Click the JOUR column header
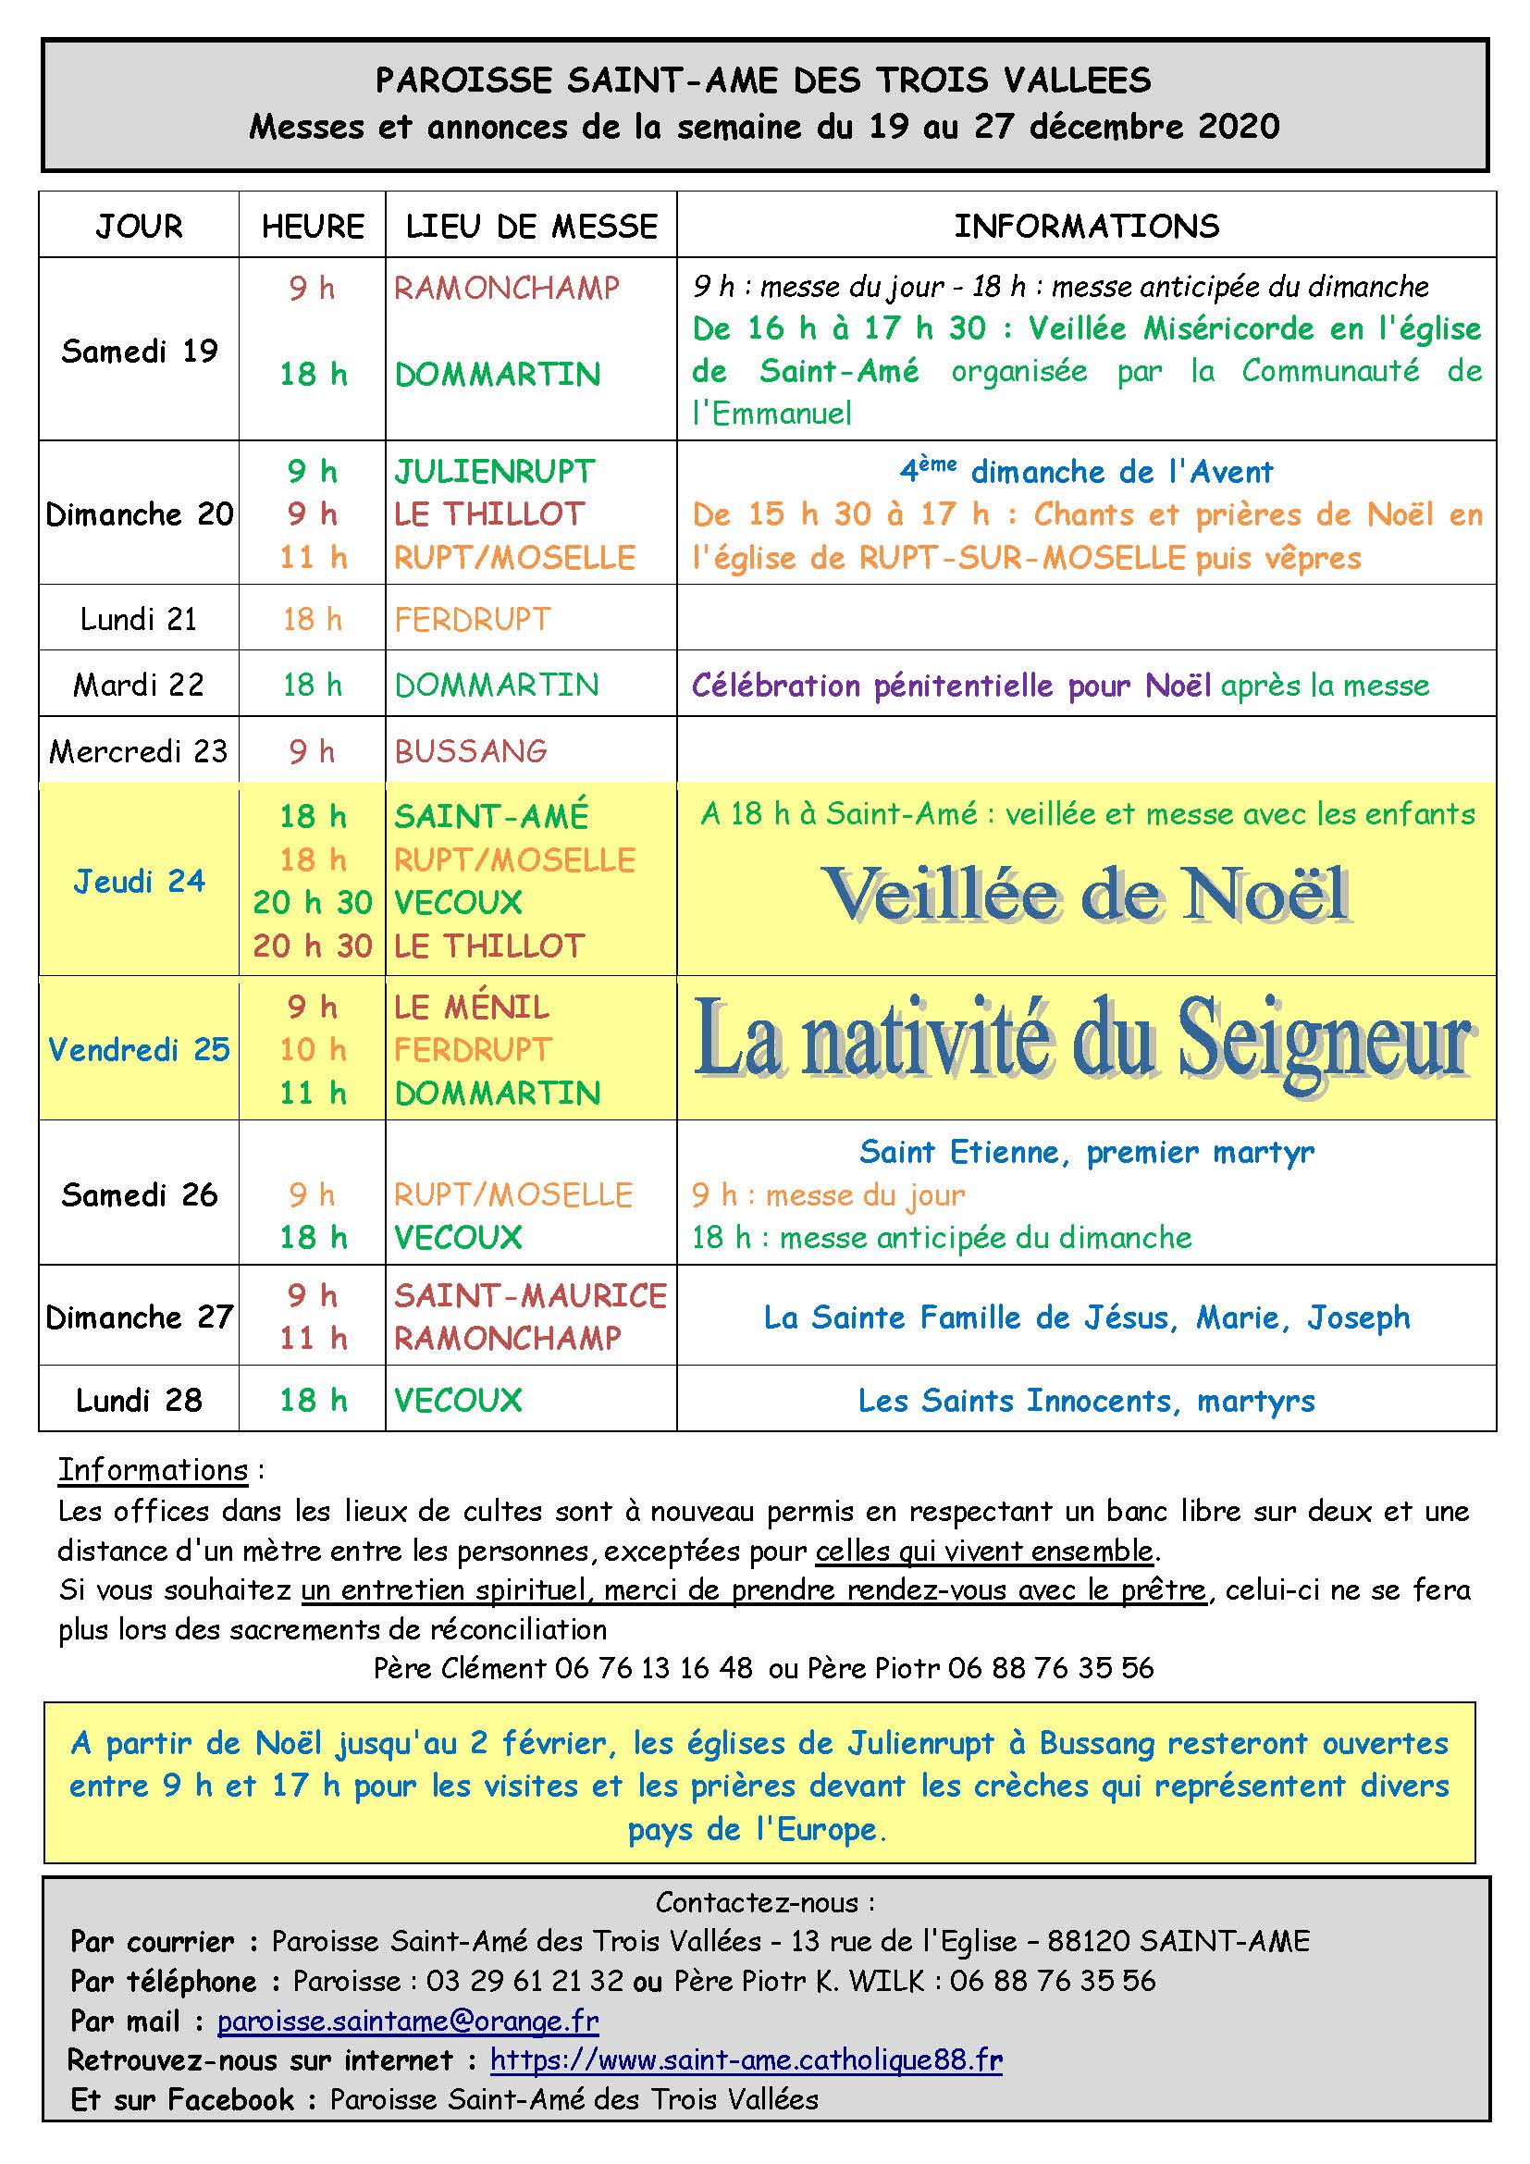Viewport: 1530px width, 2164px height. pyautogui.click(x=139, y=226)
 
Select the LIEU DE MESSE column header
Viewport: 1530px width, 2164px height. pyautogui.click(x=531, y=226)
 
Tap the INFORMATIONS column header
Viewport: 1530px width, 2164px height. pyautogui.click(x=1086, y=226)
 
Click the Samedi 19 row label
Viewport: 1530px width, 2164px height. pyautogui.click(x=140, y=351)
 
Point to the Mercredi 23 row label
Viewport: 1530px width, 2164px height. pyautogui.click(x=139, y=751)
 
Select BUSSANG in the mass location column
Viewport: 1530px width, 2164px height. pyautogui.click(x=470, y=751)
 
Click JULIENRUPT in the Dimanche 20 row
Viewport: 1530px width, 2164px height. pyautogui.click(x=495, y=471)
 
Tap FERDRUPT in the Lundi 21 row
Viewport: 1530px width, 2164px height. pyautogui.click(x=472, y=619)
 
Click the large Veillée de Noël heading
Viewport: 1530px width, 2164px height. pyautogui.click(x=1086, y=894)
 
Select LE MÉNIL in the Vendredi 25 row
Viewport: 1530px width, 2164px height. pyautogui.click(x=471, y=1008)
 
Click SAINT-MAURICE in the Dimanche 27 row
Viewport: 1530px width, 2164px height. pyautogui.click(x=530, y=1296)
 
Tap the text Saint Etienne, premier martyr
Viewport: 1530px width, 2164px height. pyautogui.click(x=1086, y=1152)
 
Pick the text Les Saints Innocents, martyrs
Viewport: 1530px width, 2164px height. pyautogui.click(x=1086, y=1401)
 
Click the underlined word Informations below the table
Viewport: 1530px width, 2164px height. pyautogui.click(x=154, y=1470)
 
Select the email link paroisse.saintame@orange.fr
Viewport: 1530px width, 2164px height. pyautogui.click(x=408, y=2021)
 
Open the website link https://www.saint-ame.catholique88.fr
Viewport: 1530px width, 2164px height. pyautogui.click(x=746, y=2060)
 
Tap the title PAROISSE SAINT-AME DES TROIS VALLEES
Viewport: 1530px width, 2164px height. pyautogui.click(x=763, y=81)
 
